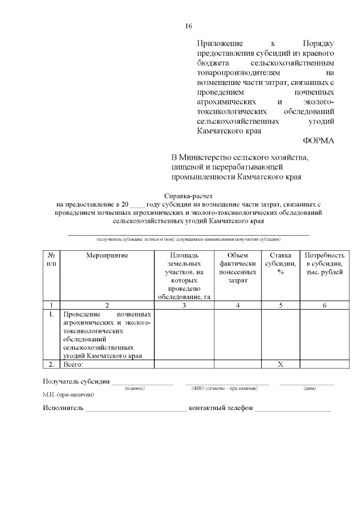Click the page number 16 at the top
pyautogui.click(x=188, y=26)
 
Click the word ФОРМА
pyautogui.click(x=318, y=141)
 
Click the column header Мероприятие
pyautogui.click(x=107, y=255)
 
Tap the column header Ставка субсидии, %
pyautogui.click(x=280, y=263)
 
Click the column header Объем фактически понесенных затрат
pyautogui.click(x=238, y=267)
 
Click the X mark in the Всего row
pyautogui.click(x=280, y=364)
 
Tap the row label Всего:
pyautogui.click(x=73, y=364)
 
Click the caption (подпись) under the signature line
pyautogui.click(x=134, y=388)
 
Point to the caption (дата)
pyautogui.click(x=309, y=388)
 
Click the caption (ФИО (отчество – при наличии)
pyautogui.click(x=224, y=388)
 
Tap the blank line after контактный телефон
pyautogui.click(x=292, y=409)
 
